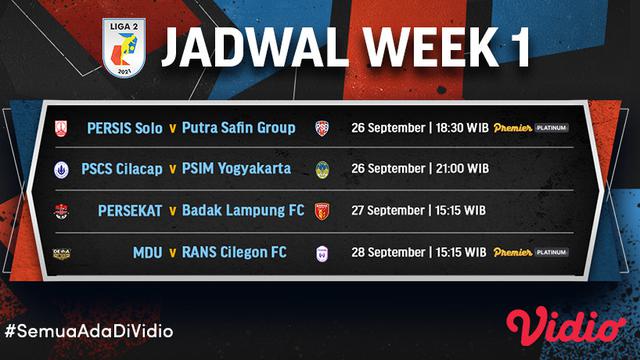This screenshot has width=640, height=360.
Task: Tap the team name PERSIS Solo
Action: [x=125, y=128]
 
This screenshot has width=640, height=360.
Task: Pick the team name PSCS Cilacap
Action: [x=125, y=169]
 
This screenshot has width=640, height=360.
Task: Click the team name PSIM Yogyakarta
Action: [x=237, y=169]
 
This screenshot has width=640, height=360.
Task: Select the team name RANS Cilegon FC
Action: [x=234, y=253]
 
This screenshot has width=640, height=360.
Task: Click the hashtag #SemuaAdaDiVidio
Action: [x=75, y=330]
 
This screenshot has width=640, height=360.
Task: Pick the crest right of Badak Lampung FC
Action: [x=322, y=211]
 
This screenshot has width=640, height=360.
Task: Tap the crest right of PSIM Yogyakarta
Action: [x=322, y=169]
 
